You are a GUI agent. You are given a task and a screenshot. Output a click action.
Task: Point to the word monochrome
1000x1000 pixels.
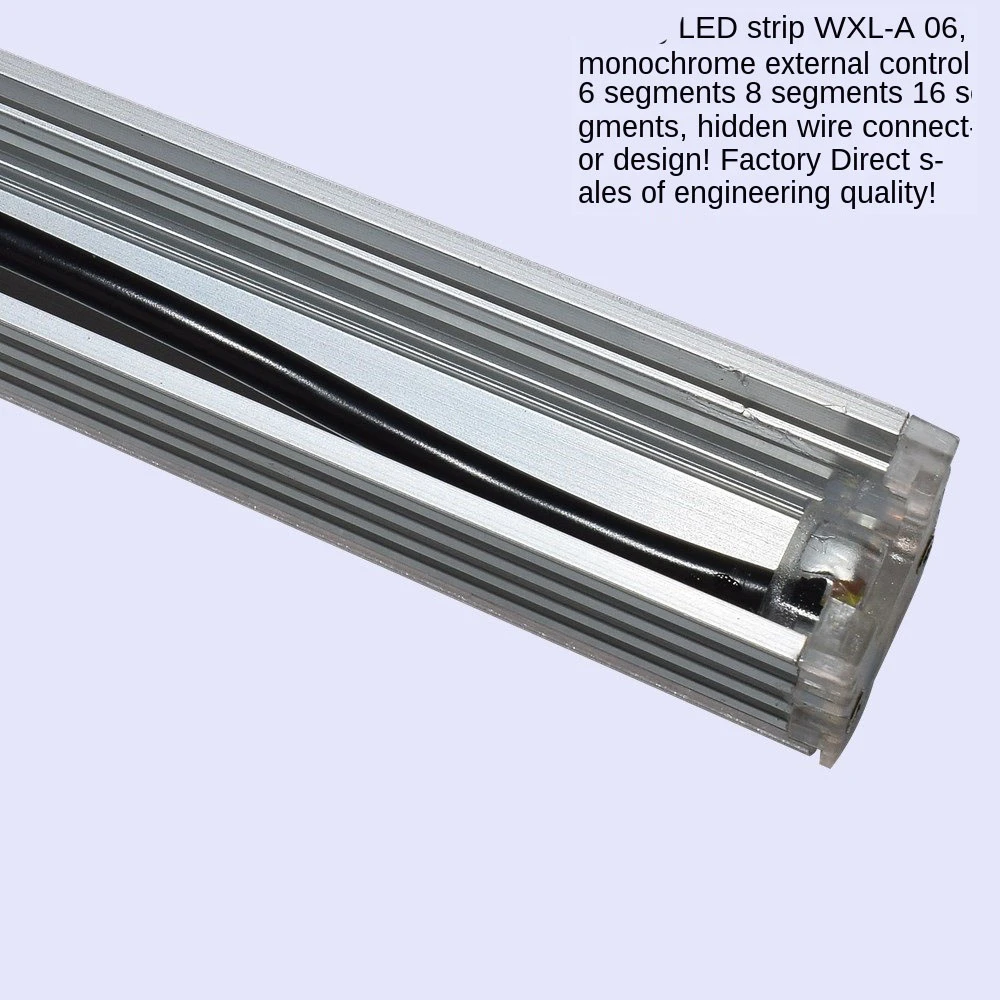(x=666, y=63)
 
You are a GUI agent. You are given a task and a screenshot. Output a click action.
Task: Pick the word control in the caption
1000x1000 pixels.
(x=931, y=63)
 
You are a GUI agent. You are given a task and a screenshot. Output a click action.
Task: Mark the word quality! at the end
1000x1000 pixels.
(x=886, y=193)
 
